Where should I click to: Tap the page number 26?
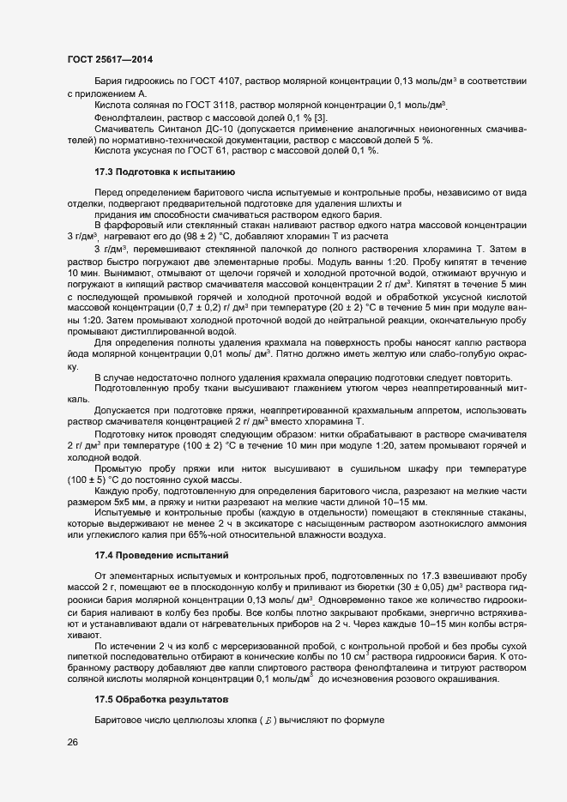click(x=73, y=743)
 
